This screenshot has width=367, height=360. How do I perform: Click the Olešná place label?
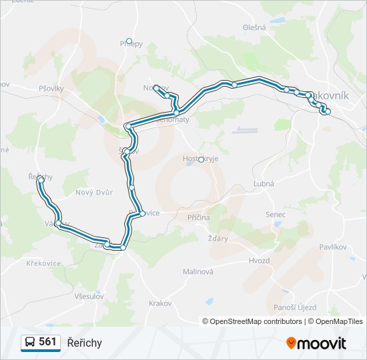click(254, 27)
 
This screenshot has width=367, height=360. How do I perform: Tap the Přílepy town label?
click(131, 44)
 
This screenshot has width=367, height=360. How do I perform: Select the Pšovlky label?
click(51, 88)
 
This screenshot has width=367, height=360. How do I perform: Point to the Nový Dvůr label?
click(94, 192)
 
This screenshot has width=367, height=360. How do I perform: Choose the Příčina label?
click(198, 217)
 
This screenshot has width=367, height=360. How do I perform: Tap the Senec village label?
click(275, 215)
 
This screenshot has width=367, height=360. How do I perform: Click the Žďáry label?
click(218, 238)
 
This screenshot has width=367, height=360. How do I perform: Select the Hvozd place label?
click(260, 260)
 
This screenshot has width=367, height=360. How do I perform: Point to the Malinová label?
click(198, 271)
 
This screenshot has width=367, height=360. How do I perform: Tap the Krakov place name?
click(160, 303)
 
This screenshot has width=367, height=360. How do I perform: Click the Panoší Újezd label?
click(295, 307)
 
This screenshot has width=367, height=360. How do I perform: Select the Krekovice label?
click(43, 263)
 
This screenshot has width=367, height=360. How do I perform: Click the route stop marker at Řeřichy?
click(41, 180)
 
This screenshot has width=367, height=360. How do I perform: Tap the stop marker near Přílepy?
click(129, 41)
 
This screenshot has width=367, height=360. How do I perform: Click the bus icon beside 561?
click(30, 343)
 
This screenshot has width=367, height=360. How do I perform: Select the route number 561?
click(47, 342)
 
